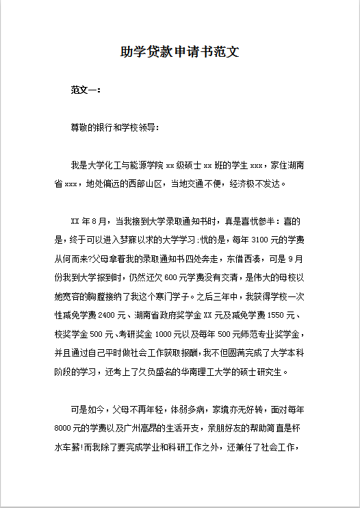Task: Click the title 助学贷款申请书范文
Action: pyautogui.click(x=179, y=52)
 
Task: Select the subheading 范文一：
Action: pyautogui.click(x=86, y=90)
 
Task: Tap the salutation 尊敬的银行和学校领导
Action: pyautogui.click(x=114, y=127)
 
